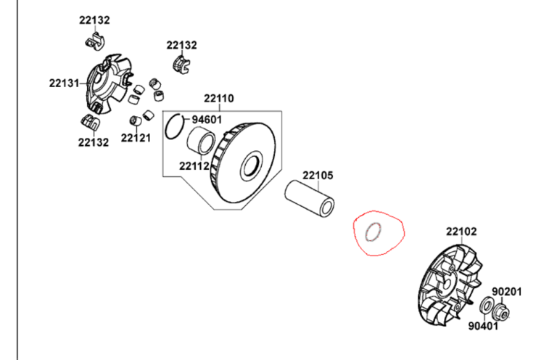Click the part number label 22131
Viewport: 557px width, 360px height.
pos(64,83)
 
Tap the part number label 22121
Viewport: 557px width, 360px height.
pos(135,137)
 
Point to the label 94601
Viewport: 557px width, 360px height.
pos(206,120)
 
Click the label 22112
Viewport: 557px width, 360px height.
pos(195,165)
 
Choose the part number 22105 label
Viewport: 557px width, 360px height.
pos(318,175)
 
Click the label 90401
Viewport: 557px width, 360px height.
pos(482,325)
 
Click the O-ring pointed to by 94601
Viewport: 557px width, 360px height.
pos(174,126)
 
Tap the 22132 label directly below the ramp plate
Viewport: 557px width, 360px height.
pos(94,142)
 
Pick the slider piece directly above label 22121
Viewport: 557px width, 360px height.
pos(135,119)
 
